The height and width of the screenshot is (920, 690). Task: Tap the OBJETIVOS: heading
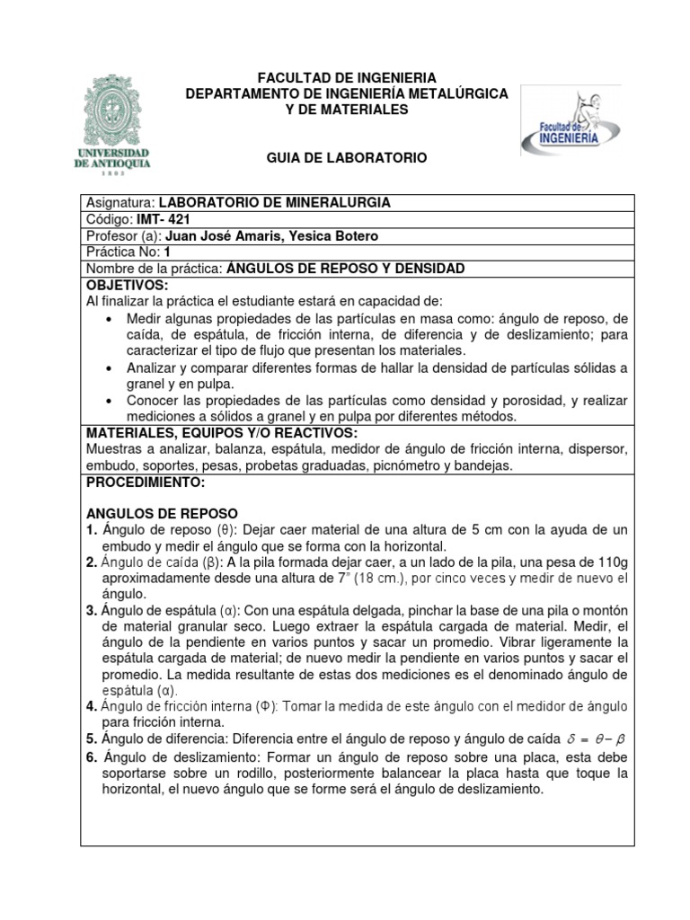pos(127,285)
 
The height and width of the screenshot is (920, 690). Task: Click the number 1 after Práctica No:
pos(167,252)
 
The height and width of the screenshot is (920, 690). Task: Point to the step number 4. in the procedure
pos(92,707)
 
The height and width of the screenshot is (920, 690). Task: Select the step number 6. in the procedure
pos(92,757)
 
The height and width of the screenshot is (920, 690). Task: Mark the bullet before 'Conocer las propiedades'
pos(110,400)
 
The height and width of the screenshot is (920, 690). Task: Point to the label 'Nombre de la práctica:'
pos(154,269)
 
